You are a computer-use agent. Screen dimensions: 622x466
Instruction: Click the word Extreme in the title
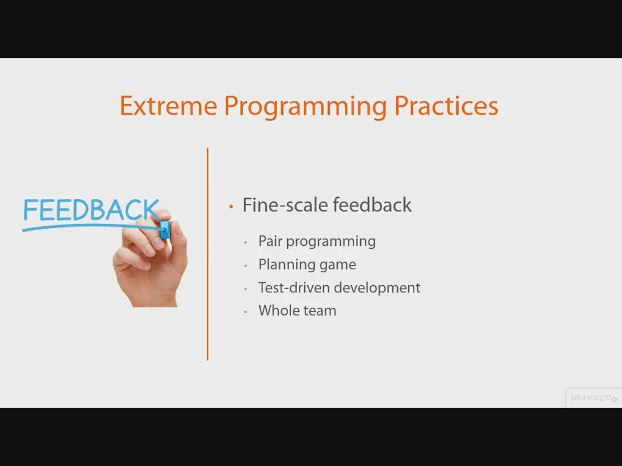click(168, 106)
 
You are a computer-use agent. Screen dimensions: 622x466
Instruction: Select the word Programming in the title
click(305, 107)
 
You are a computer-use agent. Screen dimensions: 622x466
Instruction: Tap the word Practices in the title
click(446, 106)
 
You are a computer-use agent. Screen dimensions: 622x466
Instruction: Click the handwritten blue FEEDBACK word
click(91, 209)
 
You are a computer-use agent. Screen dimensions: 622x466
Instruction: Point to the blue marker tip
click(165, 230)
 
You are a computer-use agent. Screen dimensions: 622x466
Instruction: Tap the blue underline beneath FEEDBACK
click(92, 227)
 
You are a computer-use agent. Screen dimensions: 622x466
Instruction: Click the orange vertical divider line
click(208, 254)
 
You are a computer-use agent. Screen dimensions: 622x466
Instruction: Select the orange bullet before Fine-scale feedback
click(231, 206)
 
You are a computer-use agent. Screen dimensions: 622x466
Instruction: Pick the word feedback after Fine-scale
click(372, 205)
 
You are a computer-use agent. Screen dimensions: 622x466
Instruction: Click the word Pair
click(270, 241)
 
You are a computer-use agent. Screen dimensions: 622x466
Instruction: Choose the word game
click(338, 266)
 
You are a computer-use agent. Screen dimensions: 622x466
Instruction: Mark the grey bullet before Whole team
click(246, 312)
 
